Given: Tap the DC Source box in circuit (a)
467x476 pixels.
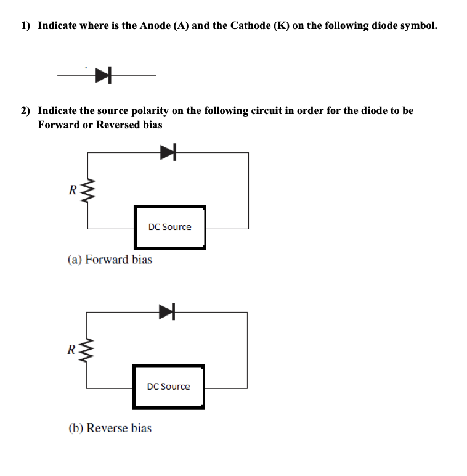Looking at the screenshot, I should click(170, 227).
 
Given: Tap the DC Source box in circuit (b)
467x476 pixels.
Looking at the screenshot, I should click(169, 387).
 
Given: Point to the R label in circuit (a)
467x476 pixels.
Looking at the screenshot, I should click(73, 190).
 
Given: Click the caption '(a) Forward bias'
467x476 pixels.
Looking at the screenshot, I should click(110, 260).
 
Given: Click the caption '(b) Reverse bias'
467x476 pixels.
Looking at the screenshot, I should click(109, 428).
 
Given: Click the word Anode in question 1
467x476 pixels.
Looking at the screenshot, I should click(155, 26).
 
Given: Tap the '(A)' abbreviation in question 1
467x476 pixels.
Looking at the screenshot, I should click(182, 26).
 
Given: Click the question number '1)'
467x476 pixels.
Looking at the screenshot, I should click(25, 26).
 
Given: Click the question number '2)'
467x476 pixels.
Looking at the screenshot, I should click(25, 111).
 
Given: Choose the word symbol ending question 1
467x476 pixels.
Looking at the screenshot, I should click(420, 26).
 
